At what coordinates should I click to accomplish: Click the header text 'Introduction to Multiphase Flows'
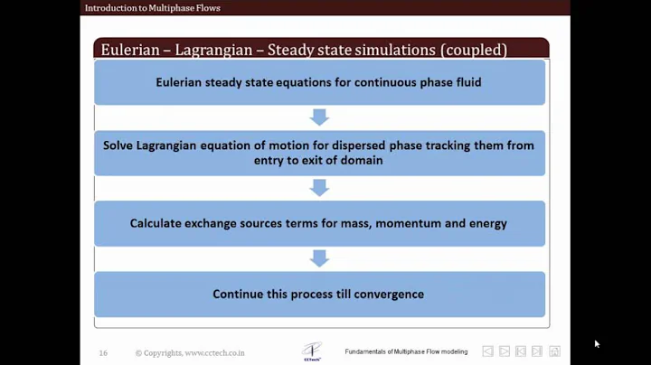(x=152, y=8)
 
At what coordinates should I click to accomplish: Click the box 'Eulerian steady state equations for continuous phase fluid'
(x=319, y=83)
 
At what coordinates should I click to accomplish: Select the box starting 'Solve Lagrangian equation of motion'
(x=319, y=153)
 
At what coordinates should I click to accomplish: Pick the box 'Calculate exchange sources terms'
(x=319, y=223)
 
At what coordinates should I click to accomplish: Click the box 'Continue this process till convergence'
(x=319, y=294)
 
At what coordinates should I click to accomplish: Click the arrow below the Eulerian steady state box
(x=319, y=117)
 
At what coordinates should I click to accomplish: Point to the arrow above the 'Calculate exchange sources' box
(x=319, y=188)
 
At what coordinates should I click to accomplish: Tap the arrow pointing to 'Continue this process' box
(x=319, y=258)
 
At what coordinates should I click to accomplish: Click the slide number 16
(x=103, y=352)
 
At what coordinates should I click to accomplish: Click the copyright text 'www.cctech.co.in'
(x=214, y=352)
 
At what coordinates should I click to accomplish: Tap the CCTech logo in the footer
(x=312, y=351)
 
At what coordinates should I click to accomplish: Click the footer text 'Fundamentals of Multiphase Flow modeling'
(x=406, y=351)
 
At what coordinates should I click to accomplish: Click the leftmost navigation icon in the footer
(x=487, y=351)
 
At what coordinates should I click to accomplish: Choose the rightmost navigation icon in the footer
(x=554, y=351)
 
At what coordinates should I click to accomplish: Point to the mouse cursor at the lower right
(x=597, y=343)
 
